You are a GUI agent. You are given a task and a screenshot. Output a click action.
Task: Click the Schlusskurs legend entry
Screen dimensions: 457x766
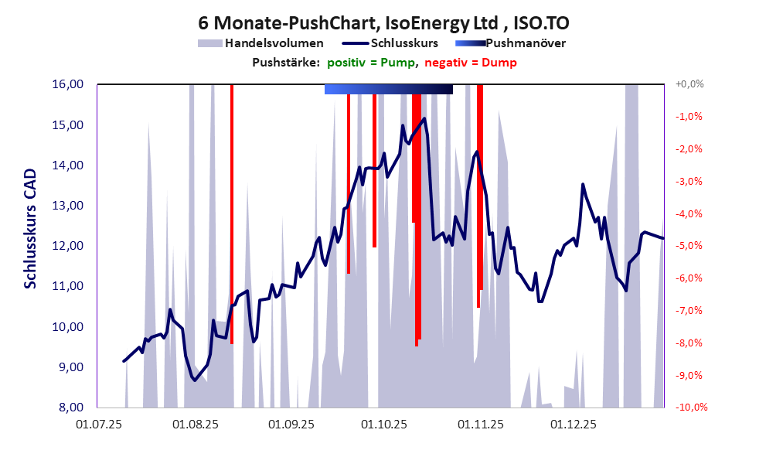[405, 43]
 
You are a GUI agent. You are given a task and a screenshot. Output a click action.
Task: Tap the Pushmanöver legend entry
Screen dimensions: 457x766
[525, 43]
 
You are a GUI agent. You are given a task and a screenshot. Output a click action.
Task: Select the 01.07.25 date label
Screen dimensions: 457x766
[98, 424]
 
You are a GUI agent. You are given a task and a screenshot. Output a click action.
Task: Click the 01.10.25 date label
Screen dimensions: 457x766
[383, 424]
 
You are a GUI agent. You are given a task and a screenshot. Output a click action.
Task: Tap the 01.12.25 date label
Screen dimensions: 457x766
[573, 424]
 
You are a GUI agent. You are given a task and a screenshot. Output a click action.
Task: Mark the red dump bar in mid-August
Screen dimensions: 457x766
[232, 217]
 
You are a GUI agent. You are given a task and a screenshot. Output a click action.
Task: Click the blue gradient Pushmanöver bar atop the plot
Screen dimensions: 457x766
[388, 90]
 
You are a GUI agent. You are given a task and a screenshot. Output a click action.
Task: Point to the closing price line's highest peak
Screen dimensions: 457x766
[424, 118]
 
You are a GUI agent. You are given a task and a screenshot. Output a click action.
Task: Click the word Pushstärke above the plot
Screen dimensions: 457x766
[286, 63]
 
